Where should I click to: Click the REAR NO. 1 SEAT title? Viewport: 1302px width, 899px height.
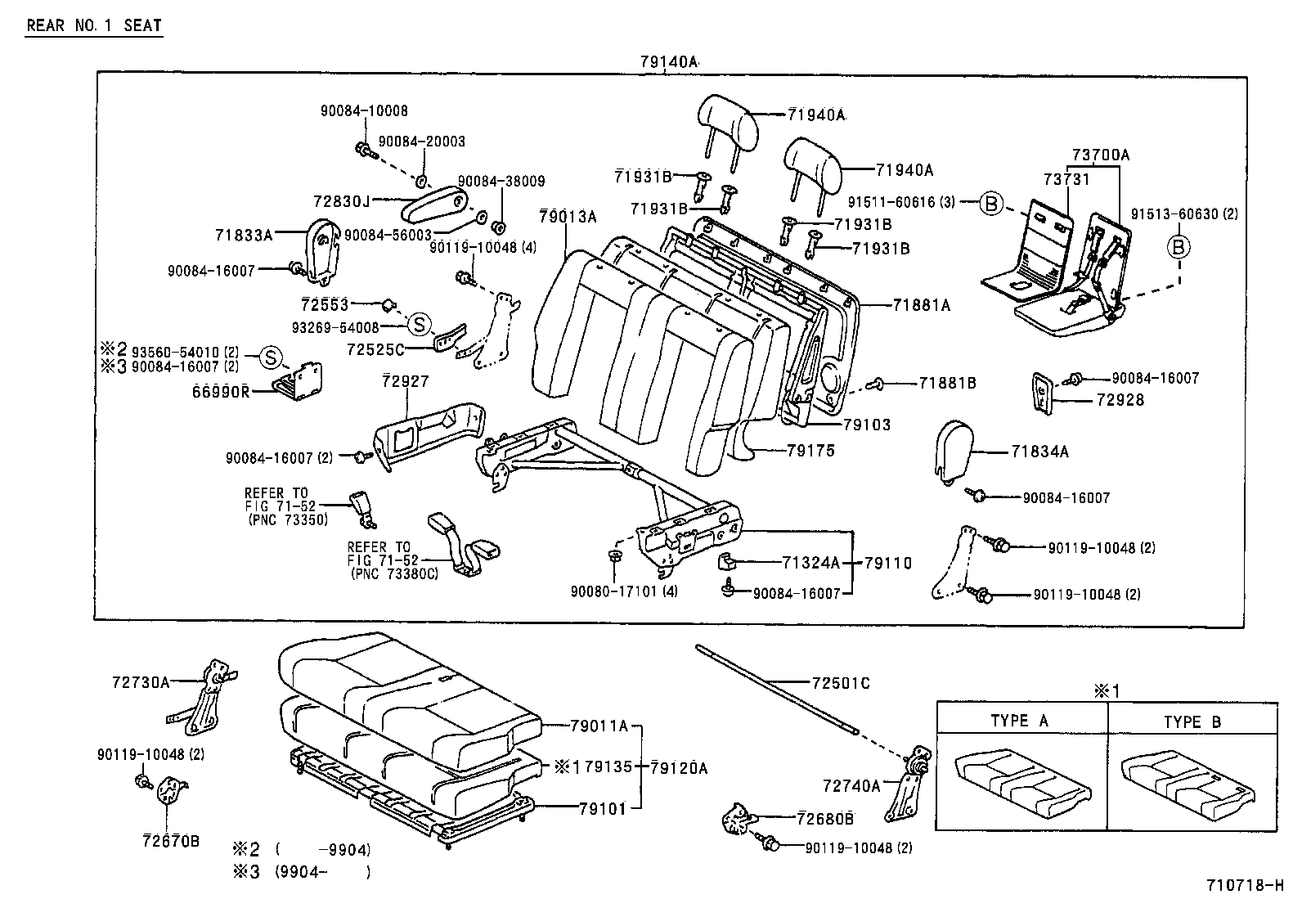(94, 25)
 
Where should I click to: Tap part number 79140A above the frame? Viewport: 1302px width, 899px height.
(668, 61)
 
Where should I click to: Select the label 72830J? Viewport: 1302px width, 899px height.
(341, 201)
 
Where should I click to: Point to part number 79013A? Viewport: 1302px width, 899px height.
(568, 217)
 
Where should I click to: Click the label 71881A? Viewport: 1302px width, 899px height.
(921, 304)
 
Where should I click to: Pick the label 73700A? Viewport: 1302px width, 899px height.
(1101, 155)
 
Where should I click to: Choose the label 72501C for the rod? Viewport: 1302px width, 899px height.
(841, 683)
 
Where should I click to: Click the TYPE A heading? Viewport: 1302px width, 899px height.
(1020, 721)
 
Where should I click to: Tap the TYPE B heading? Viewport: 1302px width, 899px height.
(1192, 722)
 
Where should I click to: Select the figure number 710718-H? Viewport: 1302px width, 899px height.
(1245, 885)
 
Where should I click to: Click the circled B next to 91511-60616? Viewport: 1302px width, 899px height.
(991, 203)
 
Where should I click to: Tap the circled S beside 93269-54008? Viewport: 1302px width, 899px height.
(420, 324)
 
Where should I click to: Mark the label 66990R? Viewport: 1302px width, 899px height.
(221, 392)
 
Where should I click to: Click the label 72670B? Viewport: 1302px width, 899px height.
(171, 841)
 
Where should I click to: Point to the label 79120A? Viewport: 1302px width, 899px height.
(679, 768)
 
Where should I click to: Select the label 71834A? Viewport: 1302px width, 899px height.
(1039, 452)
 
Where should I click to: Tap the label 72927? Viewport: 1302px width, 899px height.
(406, 381)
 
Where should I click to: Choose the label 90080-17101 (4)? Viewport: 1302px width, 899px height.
(624, 591)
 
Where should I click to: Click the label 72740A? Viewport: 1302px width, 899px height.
(851, 786)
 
